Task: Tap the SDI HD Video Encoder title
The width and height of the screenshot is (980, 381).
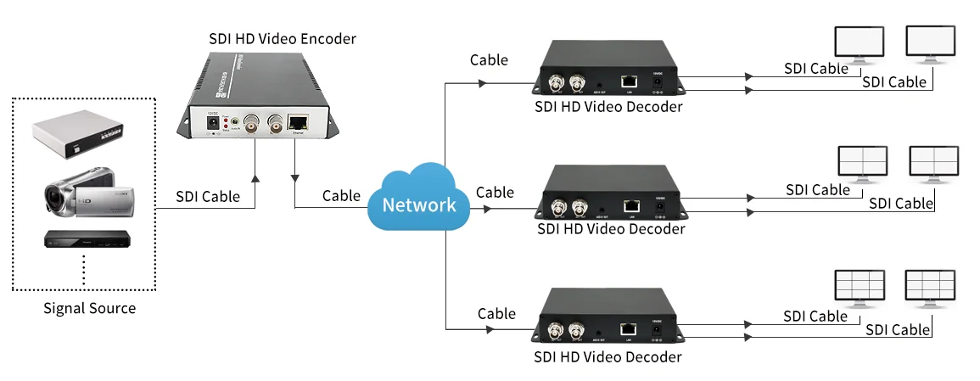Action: (283, 39)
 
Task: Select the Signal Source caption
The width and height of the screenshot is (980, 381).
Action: (89, 308)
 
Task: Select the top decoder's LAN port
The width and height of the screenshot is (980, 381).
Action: (629, 81)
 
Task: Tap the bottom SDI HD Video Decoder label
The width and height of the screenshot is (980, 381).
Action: (608, 356)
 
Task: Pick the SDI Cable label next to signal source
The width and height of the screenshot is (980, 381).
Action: (208, 196)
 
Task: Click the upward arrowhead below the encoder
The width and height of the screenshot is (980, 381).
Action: (255, 178)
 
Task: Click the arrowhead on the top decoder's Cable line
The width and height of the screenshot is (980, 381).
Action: (482, 84)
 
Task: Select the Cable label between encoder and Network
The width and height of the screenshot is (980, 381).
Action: (341, 196)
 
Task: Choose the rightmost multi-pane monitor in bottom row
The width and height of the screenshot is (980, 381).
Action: (930, 287)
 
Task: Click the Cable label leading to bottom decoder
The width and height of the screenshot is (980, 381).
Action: (496, 314)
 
